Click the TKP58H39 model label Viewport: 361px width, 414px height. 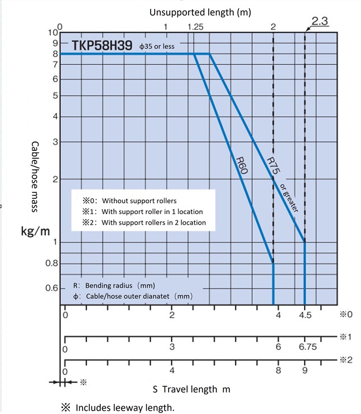pos(103,45)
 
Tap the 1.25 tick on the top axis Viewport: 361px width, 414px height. pos(196,26)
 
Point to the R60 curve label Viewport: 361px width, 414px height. pos(242,166)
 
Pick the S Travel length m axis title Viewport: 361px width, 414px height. pos(191,388)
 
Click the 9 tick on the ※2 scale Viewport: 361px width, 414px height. pos(304,370)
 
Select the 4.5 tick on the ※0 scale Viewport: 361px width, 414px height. pos(304,315)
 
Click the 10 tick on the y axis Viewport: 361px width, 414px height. pos(52,32)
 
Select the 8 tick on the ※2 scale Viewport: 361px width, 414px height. pos(278,370)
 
